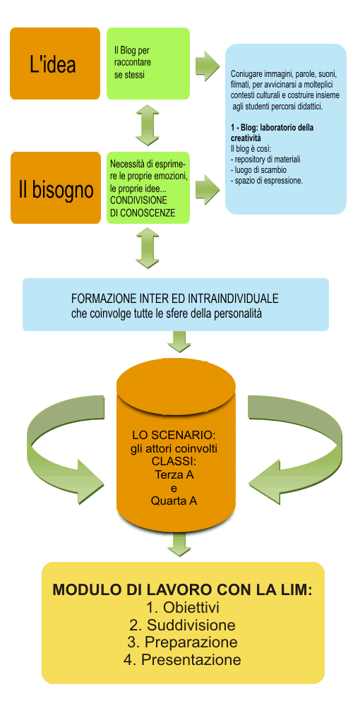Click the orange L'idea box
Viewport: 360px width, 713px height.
coord(55,64)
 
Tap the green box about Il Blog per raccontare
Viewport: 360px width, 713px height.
coord(148,64)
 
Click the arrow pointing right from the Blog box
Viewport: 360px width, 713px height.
coord(208,66)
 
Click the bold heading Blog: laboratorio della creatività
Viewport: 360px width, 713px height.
coord(272,132)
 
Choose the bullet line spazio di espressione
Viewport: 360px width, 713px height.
coord(267,181)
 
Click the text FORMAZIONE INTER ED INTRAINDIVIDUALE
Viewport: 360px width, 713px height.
coord(175,299)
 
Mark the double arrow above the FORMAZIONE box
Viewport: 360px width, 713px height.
coord(148,248)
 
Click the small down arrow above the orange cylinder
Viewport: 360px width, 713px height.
coord(179,342)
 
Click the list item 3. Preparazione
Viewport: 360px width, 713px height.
coord(183,642)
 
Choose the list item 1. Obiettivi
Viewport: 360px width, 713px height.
coord(183,608)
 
